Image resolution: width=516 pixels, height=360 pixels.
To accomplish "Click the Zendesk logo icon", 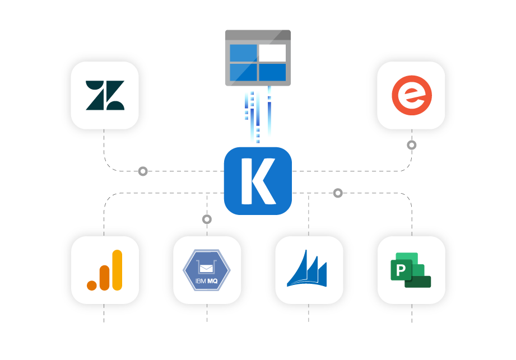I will tap(105, 95).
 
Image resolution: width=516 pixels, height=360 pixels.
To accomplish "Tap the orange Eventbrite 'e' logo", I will tap(411, 95).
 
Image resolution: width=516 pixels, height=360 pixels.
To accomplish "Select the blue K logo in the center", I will tap(258, 181).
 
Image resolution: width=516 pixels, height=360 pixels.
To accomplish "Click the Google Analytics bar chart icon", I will tap(105, 270).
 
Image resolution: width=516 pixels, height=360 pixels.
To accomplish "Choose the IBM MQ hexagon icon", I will tap(207, 270).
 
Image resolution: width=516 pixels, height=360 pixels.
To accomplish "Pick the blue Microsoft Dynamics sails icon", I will tap(309, 270).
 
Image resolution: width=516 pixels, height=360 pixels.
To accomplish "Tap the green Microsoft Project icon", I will tap(411, 270).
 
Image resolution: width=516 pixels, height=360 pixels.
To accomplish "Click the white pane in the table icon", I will tap(272, 53).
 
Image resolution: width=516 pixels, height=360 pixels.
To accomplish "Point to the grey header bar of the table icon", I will tap(258, 35).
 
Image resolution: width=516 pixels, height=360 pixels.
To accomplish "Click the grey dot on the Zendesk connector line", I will tap(143, 171).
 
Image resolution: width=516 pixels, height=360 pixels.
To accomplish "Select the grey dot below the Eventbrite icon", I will tap(412, 145).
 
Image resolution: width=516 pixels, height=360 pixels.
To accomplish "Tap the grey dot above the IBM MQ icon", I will tap(207, 219).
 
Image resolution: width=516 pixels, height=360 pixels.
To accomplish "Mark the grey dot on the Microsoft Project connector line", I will tap(337, 193).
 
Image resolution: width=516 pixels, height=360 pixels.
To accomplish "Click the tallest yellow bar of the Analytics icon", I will tap(117, 270).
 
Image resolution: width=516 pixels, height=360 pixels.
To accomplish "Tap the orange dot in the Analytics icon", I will tap(92, 286).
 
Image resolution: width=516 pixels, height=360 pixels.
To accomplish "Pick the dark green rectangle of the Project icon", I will tap(419, 282).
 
